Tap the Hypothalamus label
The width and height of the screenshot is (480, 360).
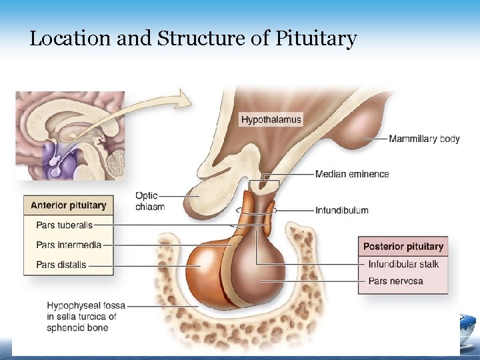[271, 120]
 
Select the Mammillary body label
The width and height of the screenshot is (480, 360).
[424, 139]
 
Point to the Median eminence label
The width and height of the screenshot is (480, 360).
[351, 174]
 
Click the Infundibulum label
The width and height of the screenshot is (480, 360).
[341, 210]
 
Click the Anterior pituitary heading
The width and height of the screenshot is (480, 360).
[68, 205]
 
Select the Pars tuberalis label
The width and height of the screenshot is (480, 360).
[65, 225]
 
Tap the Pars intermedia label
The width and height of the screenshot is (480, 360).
[69, 245]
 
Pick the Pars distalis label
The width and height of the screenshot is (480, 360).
[61, 265]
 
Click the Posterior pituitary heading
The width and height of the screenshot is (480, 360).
[403, 247]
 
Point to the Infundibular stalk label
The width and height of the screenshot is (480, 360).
[403, 264]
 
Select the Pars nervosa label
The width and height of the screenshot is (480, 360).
[395, 281]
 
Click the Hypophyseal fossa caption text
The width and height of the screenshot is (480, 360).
[82, 317]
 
